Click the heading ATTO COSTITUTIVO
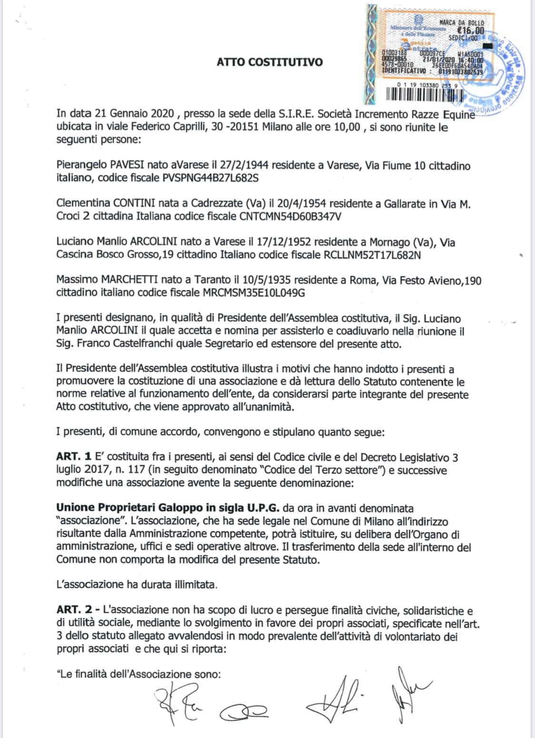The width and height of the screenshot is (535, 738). [269, 62]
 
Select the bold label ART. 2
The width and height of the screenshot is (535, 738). [71, 610]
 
